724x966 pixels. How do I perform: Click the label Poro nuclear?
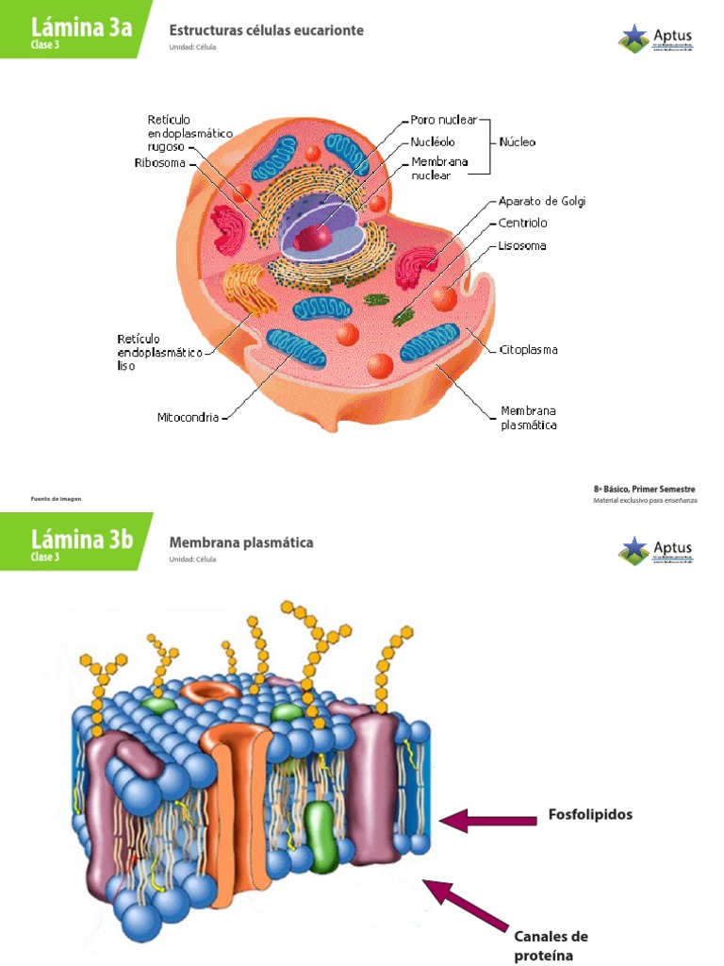point(443,120)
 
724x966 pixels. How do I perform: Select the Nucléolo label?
point(433,142)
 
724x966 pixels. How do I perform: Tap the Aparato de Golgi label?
point(542,201)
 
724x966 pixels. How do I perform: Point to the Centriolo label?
point(522,224)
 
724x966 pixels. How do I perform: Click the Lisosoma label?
point(521,246)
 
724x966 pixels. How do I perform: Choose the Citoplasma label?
point(528,350)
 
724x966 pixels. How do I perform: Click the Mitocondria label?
point(188,416)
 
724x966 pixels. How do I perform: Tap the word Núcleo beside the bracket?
point(517,142)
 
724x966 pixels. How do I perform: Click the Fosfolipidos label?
point(590,815)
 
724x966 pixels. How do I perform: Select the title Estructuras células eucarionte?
point(266,30)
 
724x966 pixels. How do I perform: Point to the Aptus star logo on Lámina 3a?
point(633,39)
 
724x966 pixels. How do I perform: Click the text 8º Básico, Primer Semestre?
point(646,489)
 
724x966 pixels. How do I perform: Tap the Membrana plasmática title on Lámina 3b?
point(240,542)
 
